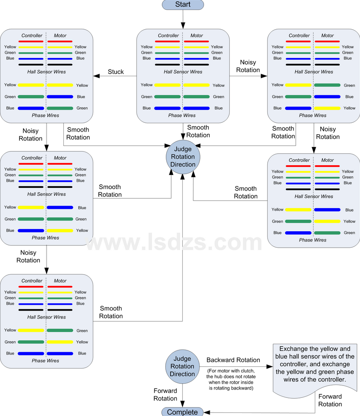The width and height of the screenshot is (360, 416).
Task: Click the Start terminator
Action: (183, 4)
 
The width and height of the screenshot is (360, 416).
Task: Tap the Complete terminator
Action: (182, 412)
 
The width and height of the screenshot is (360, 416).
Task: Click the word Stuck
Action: (116, 72)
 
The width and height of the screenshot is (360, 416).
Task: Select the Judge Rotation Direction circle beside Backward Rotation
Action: (182, 366)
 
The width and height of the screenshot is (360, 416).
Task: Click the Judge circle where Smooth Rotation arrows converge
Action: (183, 157)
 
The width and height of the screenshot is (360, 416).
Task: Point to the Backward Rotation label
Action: (233, 360)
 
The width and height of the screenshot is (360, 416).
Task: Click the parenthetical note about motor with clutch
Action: (231, 379)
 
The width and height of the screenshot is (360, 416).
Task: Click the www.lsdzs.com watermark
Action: (174, 242)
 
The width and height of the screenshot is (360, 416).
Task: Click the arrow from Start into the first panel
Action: (183, 19)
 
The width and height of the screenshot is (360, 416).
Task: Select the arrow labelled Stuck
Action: (115, 76)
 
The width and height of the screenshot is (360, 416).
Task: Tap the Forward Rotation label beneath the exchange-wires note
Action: (330, 400)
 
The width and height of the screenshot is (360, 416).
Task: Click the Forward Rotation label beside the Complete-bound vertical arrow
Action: (165, 394)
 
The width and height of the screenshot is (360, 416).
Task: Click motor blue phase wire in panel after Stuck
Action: (60, 97)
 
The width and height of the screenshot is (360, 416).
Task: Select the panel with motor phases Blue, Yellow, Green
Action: (313, 201)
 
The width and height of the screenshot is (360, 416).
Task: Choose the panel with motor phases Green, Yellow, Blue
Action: (47, 321)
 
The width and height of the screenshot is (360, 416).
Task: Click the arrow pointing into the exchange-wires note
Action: (236, 366)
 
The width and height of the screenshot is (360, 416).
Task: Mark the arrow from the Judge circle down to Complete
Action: (182, 396)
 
